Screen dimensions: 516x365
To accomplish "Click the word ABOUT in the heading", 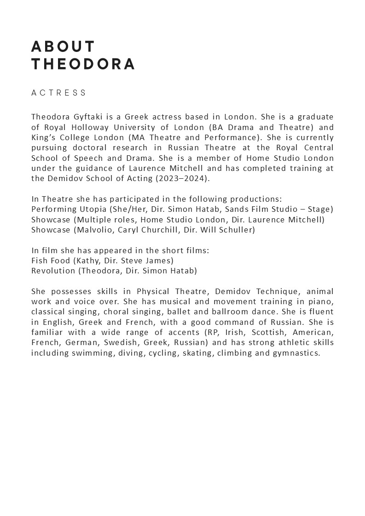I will (x=63, y=47).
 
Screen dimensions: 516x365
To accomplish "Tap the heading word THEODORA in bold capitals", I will (x=83, y=64).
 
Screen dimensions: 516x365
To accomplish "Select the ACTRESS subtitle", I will (x=59, y=93).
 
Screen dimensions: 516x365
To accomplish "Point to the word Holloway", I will (x=86, y=127).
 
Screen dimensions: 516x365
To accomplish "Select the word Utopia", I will (x=93, y=209).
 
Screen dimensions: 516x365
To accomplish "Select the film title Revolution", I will (x=53, y=271).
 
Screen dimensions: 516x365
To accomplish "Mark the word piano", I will (x=323, y=301).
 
